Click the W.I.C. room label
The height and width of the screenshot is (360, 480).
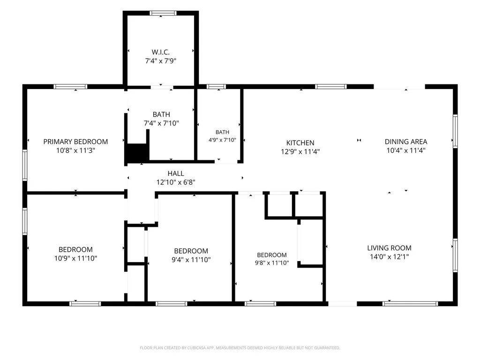[x=161, y=52]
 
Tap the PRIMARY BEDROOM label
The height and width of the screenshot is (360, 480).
[x=75, y=142]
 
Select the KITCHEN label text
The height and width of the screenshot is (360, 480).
[x=300, y=143]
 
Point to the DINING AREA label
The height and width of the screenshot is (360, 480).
[x=406, y=142]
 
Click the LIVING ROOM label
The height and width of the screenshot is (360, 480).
[x=390, y=248]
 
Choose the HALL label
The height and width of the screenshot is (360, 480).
[x=176, y=173]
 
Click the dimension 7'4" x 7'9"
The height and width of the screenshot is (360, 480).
[x=161, y=61]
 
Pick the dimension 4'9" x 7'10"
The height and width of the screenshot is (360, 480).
[x=222, y=140]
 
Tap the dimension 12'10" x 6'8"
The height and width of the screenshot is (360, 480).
[x=176, y=182]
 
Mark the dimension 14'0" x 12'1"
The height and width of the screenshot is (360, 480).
[x=390, y=257]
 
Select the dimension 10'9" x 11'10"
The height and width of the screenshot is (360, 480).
[x=75, y=258]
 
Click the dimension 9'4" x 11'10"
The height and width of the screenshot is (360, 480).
[x=191, y=260]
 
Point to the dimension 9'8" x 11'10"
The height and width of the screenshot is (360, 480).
[x=272, y=263]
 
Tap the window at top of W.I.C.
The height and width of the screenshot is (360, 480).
[x=163, y=13]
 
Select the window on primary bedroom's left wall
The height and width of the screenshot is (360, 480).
[x=25, y=165]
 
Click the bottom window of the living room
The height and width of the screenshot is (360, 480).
[x=410, y=304]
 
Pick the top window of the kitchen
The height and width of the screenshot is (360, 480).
[x=331, y=87]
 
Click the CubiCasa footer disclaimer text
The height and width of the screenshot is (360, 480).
[x=240, y=348]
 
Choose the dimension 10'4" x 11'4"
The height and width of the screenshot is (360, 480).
[x=406, y=150]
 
